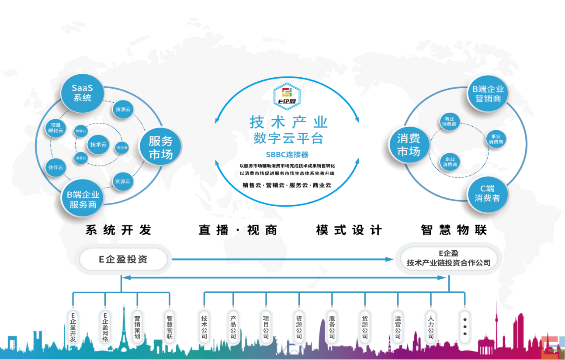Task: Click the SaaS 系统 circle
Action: pos(82,93)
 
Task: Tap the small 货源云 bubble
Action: pos(123,109)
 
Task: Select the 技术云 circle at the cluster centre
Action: pos(98,144)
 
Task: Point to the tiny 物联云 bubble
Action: pos(81,131)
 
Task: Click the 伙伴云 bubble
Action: pos(55,167)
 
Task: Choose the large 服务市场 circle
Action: pos(160,147)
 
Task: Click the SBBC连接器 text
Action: pos(287,155)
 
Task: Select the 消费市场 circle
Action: pos(409,145)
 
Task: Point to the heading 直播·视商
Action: pos(238,230)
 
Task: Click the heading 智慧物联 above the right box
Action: pos(454,230)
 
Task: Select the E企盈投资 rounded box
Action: pos(123,259)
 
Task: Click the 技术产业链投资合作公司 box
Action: pos(448,259)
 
